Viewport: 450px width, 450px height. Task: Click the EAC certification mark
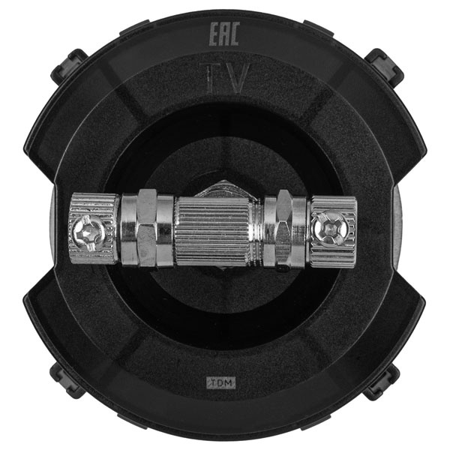point(225,34)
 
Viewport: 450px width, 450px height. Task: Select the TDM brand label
point(221,382)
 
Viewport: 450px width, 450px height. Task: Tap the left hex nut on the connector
point(148,227)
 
